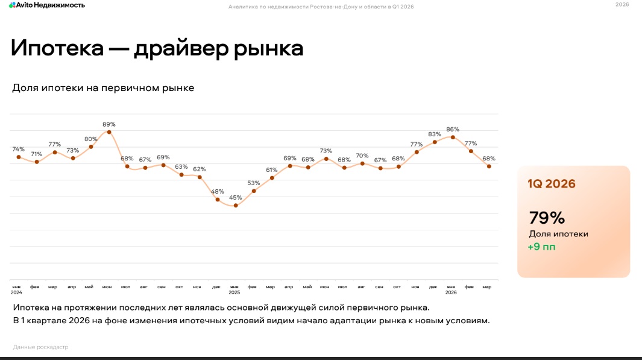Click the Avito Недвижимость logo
[x=46, y=5]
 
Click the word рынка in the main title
[x=269, y=48]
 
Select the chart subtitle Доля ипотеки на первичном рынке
[x=103, y=88]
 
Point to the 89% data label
[x=109, y=124]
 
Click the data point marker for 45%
[x=236, y=206]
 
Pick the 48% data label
[x=218, y=192]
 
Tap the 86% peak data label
[x=453, y=129]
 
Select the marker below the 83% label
[x=435, y=142]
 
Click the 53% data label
[x=254, y=183]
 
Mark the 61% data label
[x=272, y=170]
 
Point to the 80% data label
[x=91, y=139]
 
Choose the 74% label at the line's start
[x=19, y=149]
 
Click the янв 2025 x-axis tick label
[x=235, y=289]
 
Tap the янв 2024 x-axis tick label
[x=16, y=289]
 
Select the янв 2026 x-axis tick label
[x=451, y=289]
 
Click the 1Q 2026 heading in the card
[x=552, y=184]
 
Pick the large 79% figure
[x=547, y=218]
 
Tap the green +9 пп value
[x=543, y=247]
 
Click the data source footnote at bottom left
[x=40, y=347]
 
